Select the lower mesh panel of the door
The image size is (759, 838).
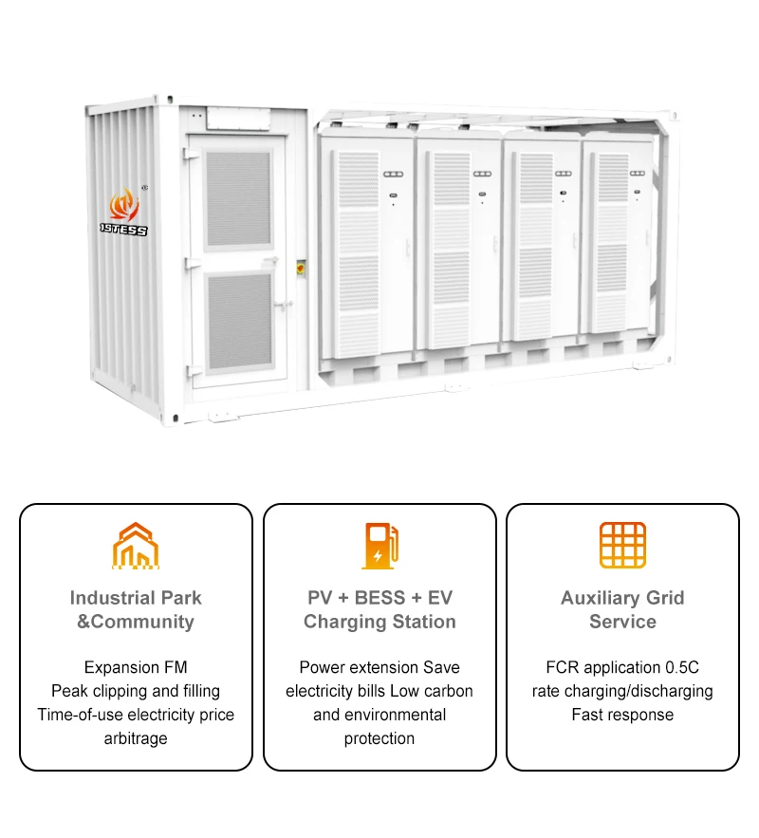(238, 322)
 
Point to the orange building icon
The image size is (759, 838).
(136, 545)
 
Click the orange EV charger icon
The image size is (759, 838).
(379, 545)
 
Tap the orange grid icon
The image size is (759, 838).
(622, 545)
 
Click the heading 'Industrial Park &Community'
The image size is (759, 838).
(136, 609)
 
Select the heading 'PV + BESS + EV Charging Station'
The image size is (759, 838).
(379, 609)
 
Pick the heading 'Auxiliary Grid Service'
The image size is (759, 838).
(622, 609)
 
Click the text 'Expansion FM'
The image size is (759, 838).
(136, 667)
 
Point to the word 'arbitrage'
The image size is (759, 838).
(136, 738)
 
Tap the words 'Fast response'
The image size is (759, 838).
(622, 715)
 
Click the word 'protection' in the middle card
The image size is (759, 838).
(379, 738)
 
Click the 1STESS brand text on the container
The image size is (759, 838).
(124, 230)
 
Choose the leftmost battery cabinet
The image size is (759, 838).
(366, 247)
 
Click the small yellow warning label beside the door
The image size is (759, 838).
(302, 268)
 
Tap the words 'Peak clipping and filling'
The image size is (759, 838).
(136, 691)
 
